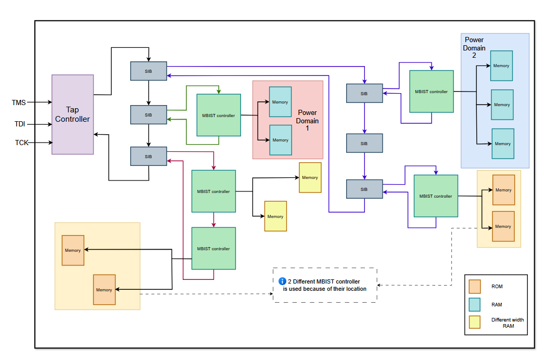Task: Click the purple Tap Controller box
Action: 72,114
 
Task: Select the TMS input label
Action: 19,102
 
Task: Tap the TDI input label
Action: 20,124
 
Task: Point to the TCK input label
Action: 21,143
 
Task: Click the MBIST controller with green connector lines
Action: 218,115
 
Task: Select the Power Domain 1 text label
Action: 307,120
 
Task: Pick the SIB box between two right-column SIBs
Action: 364,143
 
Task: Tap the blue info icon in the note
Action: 283,281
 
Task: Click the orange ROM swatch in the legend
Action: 474,287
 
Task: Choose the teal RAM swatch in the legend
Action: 474,304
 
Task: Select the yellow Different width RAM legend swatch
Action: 474,323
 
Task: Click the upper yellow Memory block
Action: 310,177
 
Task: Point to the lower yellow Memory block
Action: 275,216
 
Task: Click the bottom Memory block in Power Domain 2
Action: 502,144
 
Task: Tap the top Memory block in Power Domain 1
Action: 280,102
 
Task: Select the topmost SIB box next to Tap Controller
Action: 148,71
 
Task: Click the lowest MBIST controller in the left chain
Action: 213,248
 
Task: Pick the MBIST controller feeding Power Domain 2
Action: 431,92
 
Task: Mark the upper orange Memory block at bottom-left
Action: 73,250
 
